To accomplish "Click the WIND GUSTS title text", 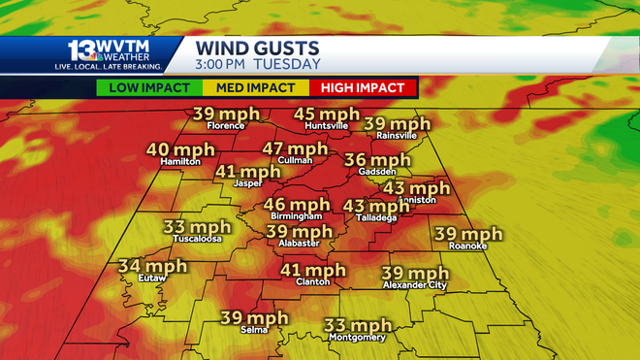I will (258, 47).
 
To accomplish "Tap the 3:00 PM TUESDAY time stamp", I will (258, 64).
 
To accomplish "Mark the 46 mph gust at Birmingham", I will (297, 204).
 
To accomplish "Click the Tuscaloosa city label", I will (197, 238).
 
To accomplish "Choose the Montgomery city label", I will (358, 338).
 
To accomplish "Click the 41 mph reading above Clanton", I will (312, 270).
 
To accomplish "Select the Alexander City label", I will (415, 285).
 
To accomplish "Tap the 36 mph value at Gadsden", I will (378, 160).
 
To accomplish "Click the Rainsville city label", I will (396, 136).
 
